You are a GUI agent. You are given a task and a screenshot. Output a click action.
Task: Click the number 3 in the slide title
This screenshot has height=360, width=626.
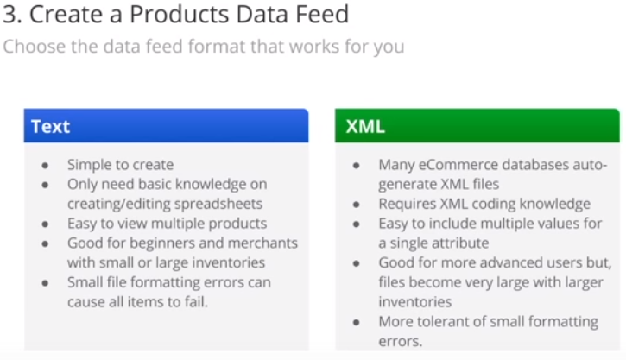[x=10, y=15]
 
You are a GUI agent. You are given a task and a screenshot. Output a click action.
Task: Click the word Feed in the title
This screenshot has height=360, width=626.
[x=322, y=15]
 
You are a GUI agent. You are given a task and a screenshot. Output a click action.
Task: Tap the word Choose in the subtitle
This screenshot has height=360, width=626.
[x=34, y=47]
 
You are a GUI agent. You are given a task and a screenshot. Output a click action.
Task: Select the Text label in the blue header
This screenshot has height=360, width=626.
[x=51, y=127]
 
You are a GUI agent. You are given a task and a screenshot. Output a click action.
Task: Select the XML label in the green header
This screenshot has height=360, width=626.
[x=365, y=127]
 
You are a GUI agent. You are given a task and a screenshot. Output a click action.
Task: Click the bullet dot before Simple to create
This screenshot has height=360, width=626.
[x=45, y=165]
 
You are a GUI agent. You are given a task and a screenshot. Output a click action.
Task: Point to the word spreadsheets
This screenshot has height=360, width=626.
[x=218, y=204]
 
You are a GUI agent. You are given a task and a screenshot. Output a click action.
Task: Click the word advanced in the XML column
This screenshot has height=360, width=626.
[x=528, y=262]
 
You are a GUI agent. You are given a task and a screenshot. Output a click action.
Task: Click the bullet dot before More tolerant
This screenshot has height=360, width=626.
[x=357, y=323]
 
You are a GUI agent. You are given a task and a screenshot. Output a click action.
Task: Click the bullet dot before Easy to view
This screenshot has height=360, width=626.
[x=45, y=224]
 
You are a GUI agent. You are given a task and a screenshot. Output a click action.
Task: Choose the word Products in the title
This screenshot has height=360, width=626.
[x=180, y=15]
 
